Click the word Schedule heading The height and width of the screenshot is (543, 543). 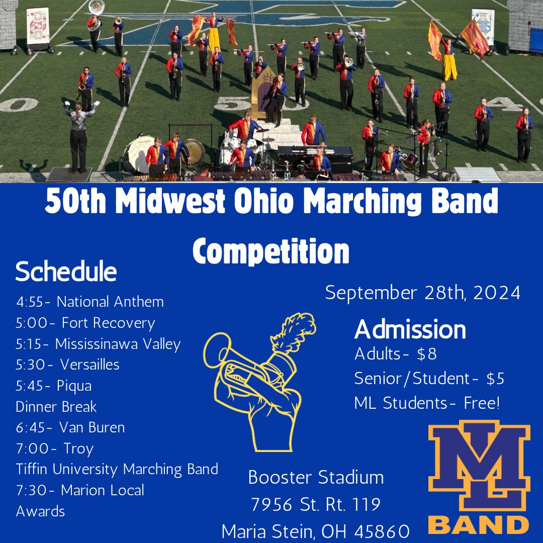click(x=66, y=272)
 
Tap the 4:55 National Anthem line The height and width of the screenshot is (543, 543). click(x=90, y=302)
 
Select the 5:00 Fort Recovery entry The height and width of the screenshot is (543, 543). click(x=85, y=323)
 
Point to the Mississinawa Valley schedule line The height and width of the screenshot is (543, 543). click(x=98, y=344)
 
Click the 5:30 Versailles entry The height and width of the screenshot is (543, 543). click(x=68, y=365)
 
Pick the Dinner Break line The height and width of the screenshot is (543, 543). click(x=56, y=406)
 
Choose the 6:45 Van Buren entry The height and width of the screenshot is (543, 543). click(x=70, y=427)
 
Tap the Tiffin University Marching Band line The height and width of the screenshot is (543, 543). click(x=117, y=469)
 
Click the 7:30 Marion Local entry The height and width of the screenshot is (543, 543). click(x=80, y=490)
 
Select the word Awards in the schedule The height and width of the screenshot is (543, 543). click(x=41, y=511)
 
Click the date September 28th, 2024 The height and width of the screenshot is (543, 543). click(x=422, y=293)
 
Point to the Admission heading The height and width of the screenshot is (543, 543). click(x=410, y=330)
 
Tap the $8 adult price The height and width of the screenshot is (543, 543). click(x=427, y=354)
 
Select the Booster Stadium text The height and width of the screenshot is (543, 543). click(x=316, y=477)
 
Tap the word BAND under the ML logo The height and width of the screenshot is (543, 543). click(x=479, y=524)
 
